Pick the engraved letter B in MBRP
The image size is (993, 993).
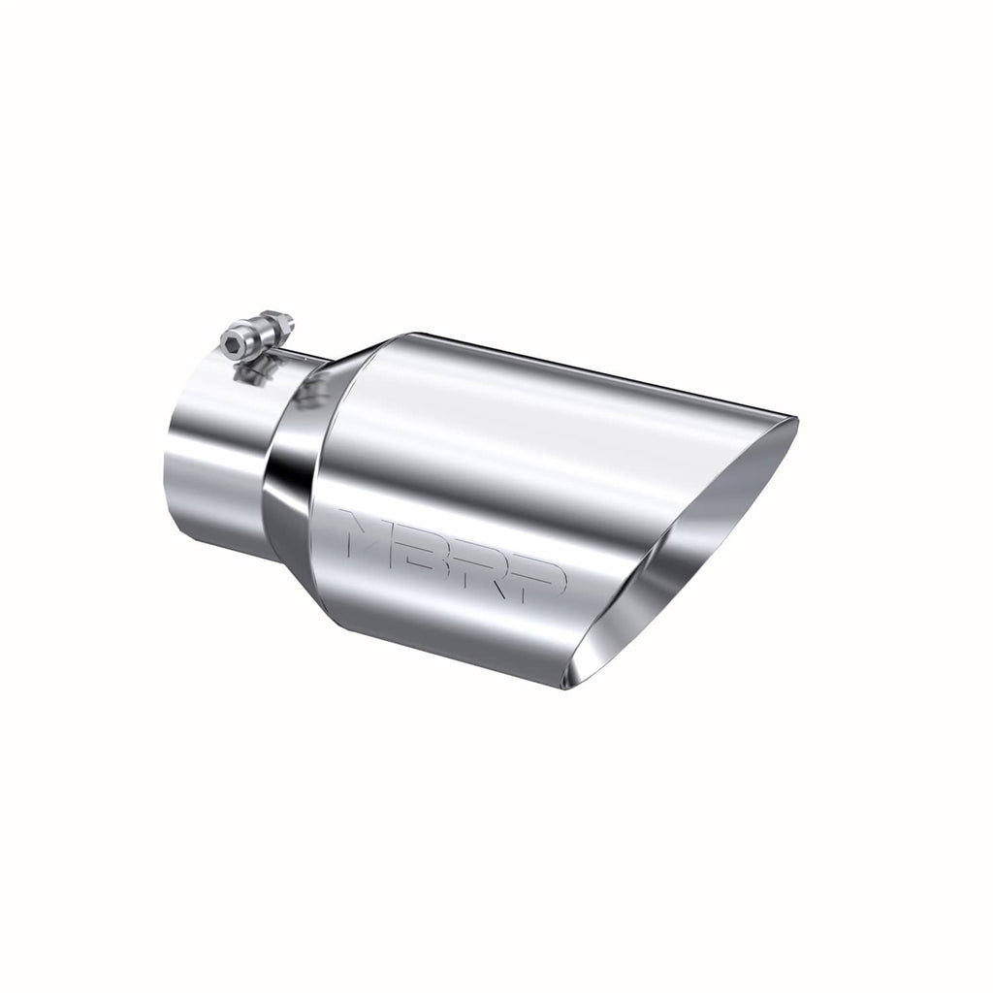[434, 549]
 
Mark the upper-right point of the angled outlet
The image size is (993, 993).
[795, 419]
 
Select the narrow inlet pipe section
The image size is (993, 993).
[213, 456]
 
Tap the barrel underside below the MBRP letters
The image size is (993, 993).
[456, 630]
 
